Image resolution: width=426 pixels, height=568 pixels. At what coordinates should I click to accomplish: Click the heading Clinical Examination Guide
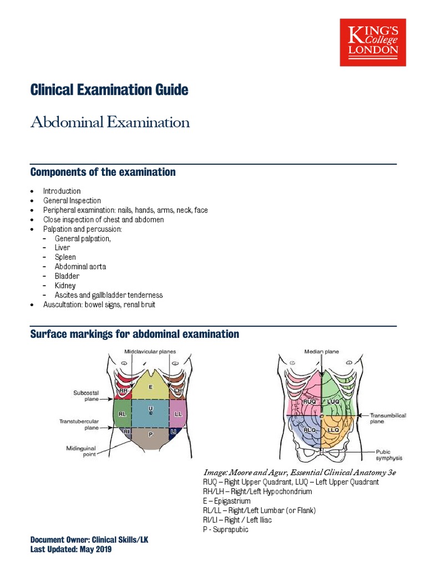pos(109,90)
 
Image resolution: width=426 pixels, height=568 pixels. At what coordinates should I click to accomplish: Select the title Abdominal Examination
pos(110,122)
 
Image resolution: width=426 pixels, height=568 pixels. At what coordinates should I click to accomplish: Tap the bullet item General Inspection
pos(72,201)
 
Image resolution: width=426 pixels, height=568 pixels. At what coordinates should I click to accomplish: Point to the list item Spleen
pos(65,257)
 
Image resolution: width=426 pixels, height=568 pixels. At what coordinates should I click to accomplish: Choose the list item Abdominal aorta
pos(80,267)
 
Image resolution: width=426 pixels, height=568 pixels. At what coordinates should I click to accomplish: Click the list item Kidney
pos(65,286)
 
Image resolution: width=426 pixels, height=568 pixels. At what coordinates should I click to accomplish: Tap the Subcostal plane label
pos(86,395)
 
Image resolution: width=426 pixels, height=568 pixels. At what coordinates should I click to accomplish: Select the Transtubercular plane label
pos(79,424)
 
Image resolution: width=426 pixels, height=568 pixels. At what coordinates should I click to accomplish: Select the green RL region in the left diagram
pos(122,414)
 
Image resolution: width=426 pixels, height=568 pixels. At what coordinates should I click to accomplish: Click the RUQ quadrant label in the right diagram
pos(310,401)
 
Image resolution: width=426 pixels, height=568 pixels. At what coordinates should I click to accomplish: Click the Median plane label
pos(321,351)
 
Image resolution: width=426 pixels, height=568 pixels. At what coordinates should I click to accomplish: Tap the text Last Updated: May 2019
pos(71,549)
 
